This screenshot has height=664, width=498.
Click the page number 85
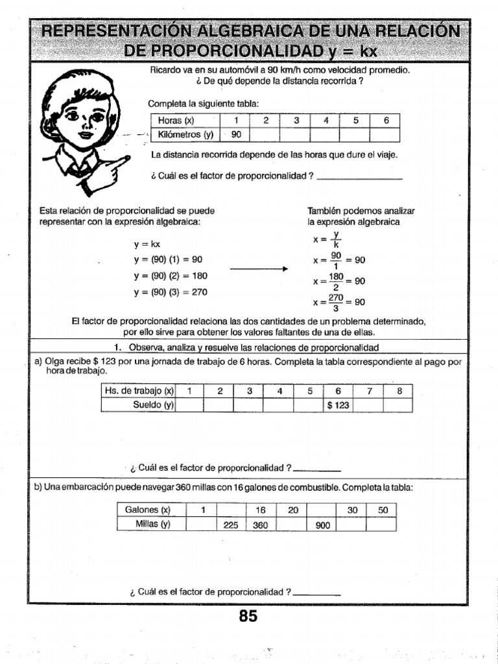pos(248,616)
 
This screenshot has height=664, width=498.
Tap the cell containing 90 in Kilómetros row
pos(236,134)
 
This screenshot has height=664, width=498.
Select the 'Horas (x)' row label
pos(185,121)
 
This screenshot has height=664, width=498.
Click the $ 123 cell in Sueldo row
pos(338,405)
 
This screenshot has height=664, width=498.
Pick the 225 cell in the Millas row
pos(231,525)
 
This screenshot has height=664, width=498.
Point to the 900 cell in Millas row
pos(322,525)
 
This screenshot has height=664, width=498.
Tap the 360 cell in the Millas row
pos(261,525)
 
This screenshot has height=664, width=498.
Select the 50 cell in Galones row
pos(383,510)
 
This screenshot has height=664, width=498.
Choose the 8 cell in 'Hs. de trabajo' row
pos(399,390)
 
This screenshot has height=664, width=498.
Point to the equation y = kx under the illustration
pos(147,244)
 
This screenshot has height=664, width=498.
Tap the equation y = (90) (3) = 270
pos(171,292)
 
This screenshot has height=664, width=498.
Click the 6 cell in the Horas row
pos(385,121)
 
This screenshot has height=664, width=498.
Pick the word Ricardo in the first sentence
pos(165,69)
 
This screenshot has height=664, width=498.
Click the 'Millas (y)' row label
pos(152,525)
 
